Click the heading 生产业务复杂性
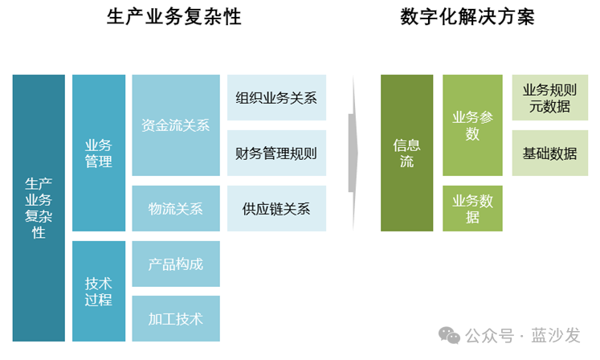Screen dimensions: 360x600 [174, 17]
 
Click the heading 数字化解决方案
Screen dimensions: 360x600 [467, 17]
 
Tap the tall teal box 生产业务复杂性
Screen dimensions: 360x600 [39, 208]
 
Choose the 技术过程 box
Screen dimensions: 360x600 [99, 291]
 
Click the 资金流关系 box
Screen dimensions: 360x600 [175, 125]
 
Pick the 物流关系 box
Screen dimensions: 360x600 [175, 209]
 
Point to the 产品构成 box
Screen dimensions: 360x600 [175, 264]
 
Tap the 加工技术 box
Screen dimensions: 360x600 [175, 318]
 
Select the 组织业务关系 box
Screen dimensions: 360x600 [276, 98]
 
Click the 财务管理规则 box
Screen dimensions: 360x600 [276, 153]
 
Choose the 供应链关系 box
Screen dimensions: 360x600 [276, 209]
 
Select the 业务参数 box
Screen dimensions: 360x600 [472, 125]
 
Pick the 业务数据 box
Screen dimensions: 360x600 [472, 208]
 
